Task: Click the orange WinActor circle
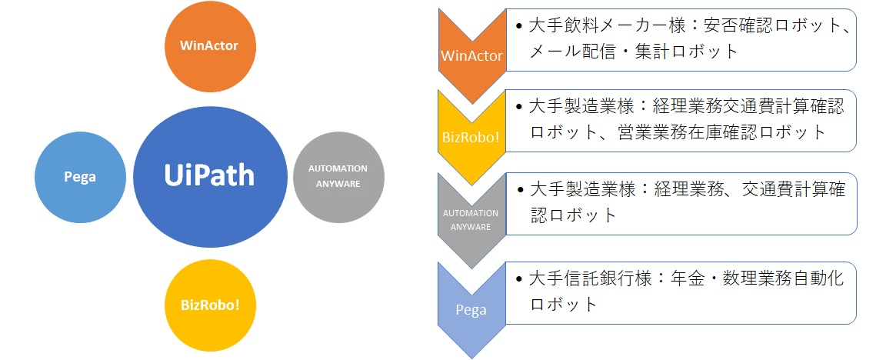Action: [x=211, y=47]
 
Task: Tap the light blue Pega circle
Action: [x=81, y=177]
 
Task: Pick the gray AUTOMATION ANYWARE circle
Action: [x=338, y=177]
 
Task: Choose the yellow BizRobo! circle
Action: [x=211, y=305]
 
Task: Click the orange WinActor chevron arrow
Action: [x=472, y=55]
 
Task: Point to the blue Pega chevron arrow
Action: [x=472, y=309]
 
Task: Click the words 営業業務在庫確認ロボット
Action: [x=722, y=132]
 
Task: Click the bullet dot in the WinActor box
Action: [x=520, y=26]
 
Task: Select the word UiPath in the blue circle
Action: [x=209, y=174]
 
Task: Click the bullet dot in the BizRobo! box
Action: [x=520, y=107]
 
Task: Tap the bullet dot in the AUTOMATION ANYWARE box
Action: [x=520, y=189]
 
